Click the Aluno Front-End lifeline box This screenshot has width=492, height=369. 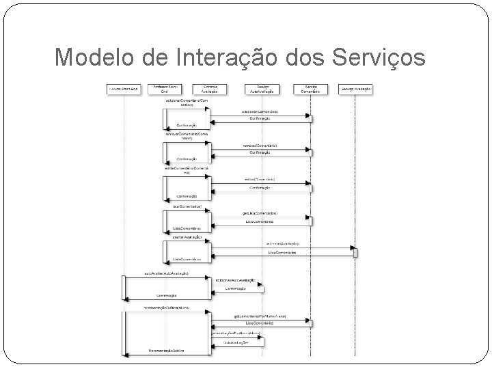(x=123, y=90)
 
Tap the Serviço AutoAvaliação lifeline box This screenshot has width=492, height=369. (x=261, y=90)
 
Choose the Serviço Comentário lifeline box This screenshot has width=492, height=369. (x=311, y=90)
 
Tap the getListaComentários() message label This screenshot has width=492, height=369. (x=260, y=213)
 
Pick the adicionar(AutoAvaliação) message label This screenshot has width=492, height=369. (x=235, y=280)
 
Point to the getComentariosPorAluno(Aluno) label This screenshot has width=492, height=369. (x=260, y=316)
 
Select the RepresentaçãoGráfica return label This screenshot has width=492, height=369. (x=168, y=351)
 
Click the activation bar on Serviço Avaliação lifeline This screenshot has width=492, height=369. (x=355, y=251)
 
